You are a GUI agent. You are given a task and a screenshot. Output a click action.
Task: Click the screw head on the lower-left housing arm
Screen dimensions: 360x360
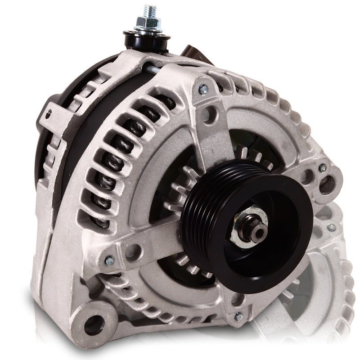(109, 260)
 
